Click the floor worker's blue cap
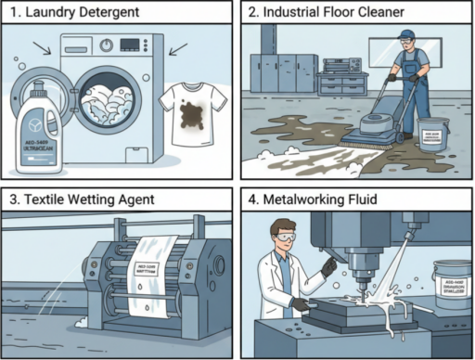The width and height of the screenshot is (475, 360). [x=405, y=35]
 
